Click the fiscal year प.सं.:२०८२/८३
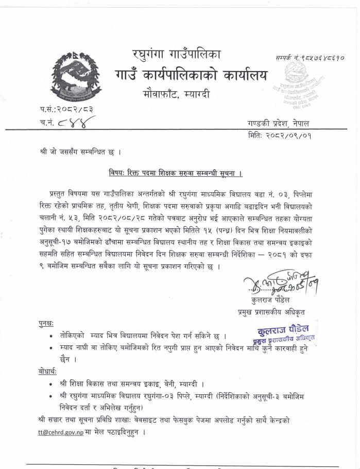click(x=60, y=109)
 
